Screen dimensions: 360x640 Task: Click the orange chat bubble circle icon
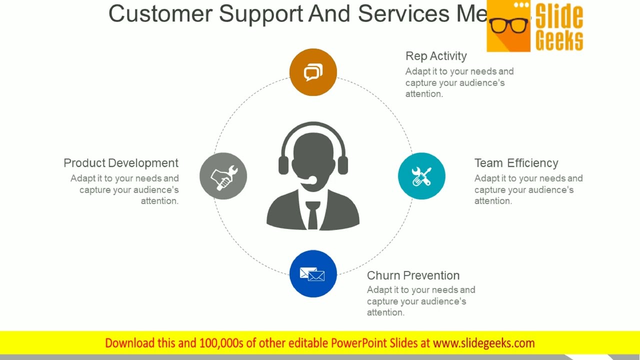[313, 72]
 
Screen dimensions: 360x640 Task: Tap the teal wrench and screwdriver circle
[421, 176]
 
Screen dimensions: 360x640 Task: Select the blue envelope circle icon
[313, 274]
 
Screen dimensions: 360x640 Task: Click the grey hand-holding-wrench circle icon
[223, 176]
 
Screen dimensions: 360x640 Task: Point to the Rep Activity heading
[436, 56]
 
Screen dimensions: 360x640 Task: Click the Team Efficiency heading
[516, 163]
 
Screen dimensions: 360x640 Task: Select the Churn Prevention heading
[413, 275]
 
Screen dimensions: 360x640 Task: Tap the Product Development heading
[121, 163]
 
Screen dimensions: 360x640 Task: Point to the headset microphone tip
[312, 180]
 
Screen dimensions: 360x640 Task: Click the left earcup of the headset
[283, 165]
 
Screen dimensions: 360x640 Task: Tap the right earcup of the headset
[342, 165]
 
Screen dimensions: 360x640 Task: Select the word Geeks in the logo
[559, 40]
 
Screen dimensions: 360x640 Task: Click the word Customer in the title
[160, 13]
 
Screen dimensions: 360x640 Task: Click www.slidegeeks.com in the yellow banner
[483, 343]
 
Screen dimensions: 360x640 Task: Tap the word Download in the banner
[130, 343]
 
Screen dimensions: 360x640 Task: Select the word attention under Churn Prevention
[385, 312]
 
